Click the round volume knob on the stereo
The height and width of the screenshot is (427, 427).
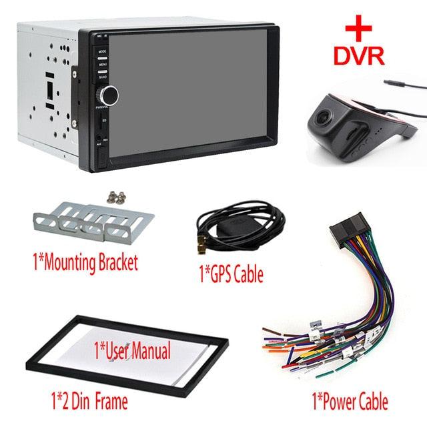(109, 95)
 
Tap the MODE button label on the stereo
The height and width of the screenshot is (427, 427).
(103, 51)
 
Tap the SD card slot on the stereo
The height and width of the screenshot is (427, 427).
(101, 123)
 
